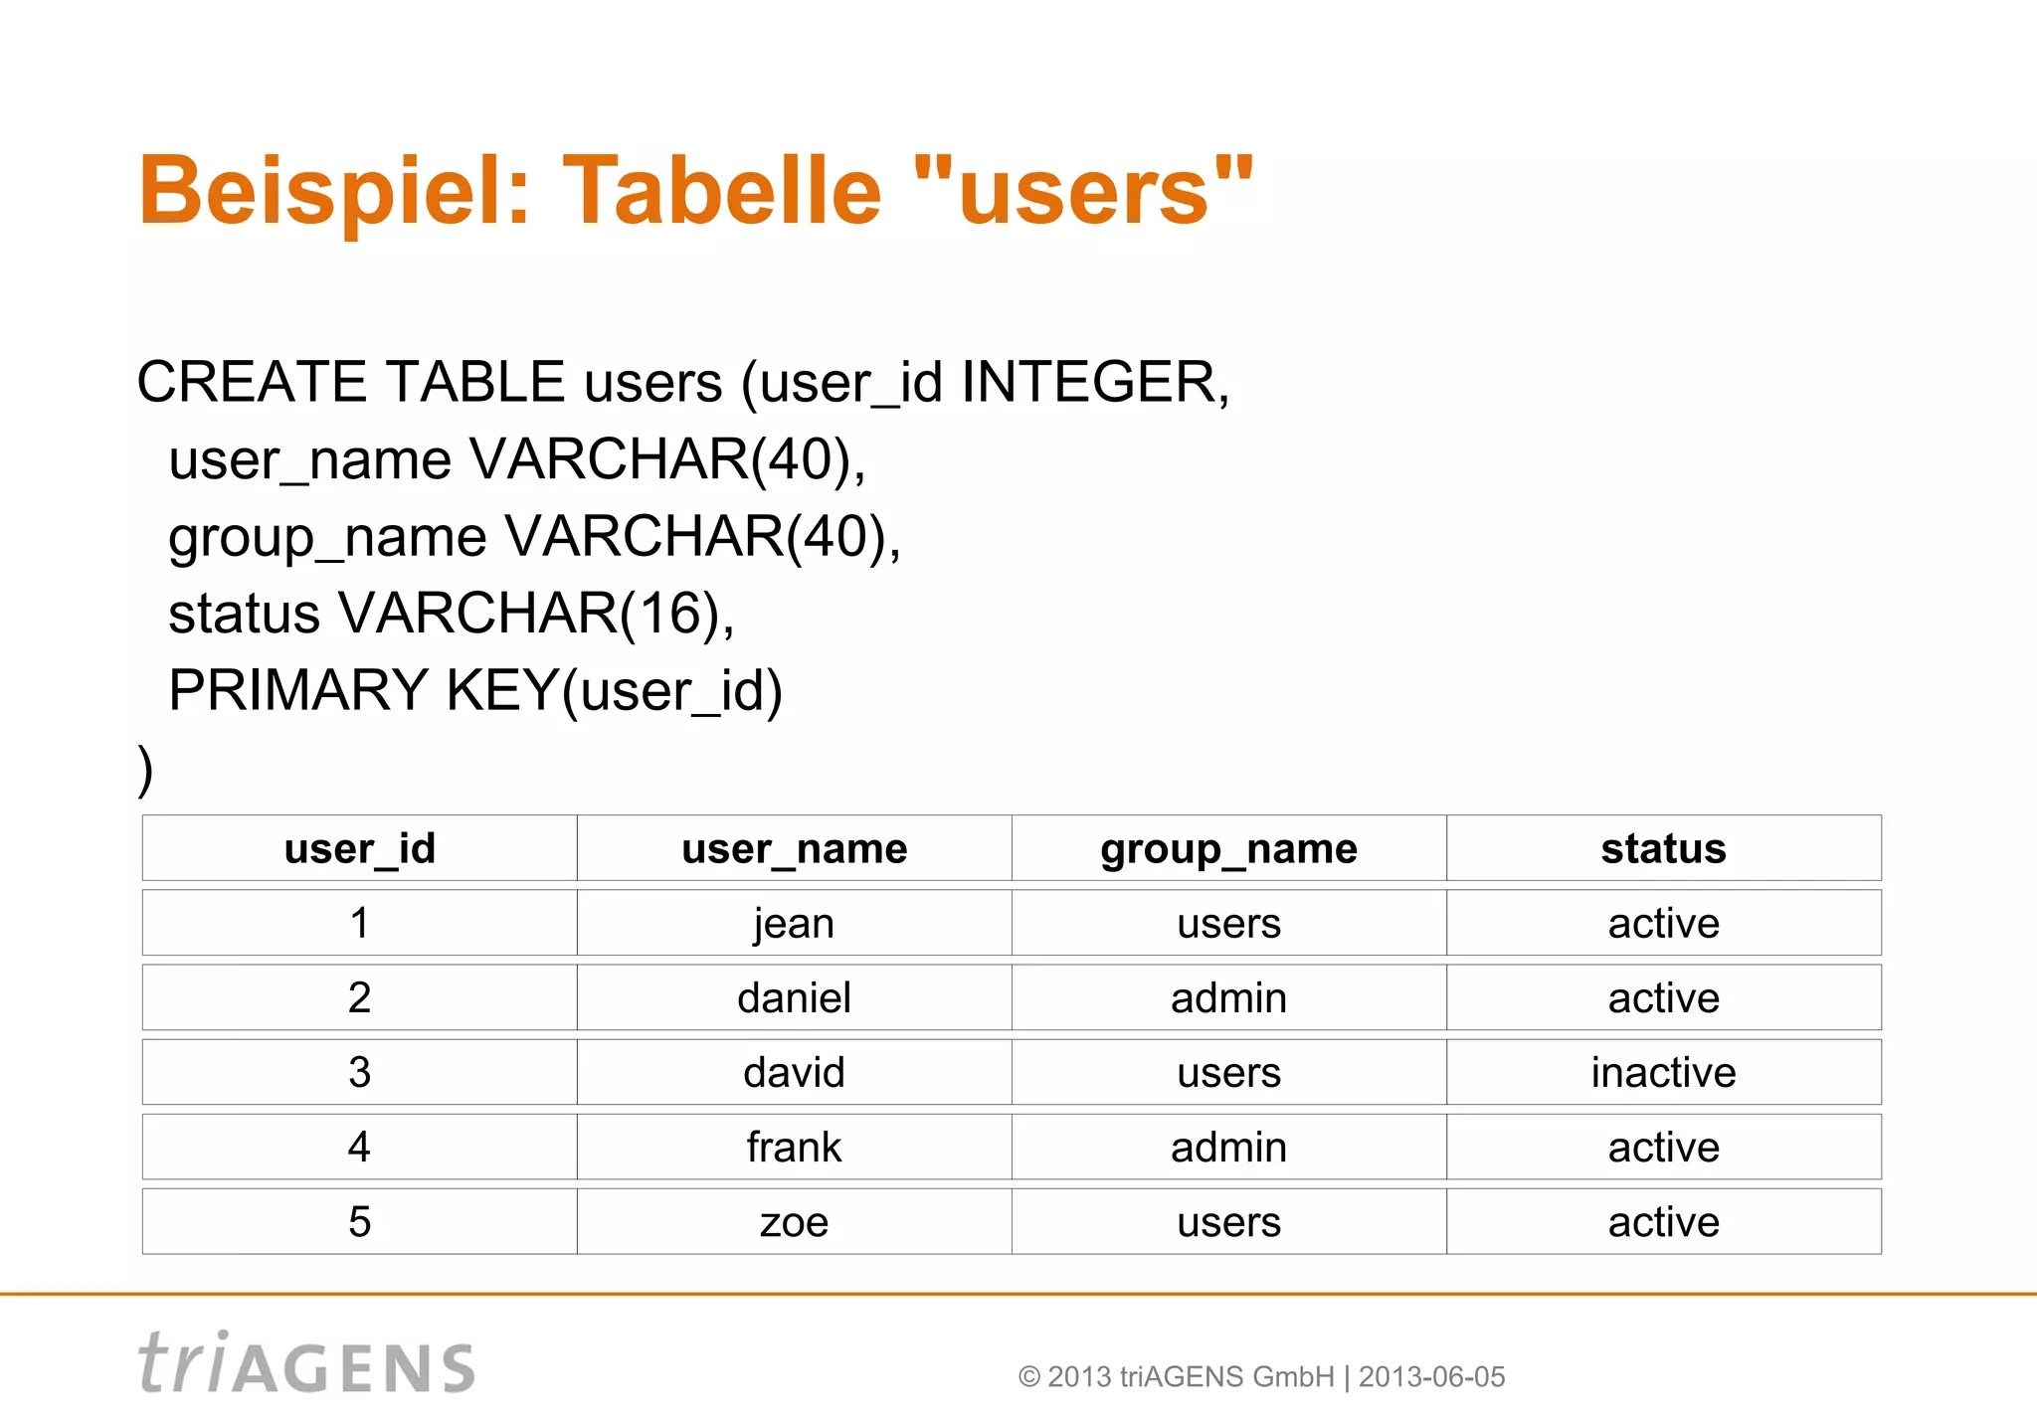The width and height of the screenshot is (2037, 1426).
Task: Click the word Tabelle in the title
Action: pyautogui.click(x=722, y=191)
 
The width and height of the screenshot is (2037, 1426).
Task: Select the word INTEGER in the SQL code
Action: pyautogui.click(x=1089, y=382)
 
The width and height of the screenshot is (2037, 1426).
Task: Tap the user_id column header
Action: pyautogui.click(x=359, y=848)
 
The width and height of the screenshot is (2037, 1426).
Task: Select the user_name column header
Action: pyautogui.click(x=794, y=848)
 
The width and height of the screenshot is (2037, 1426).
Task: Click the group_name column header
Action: pyautogui.click(x=1228, y=848)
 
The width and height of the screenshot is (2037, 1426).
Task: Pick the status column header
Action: pyautogui.click(x=1663, y=848)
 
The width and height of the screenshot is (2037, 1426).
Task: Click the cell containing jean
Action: pyautogui.click(x=794, y=923)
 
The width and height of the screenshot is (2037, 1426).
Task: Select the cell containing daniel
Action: pyautogui.click(x=794, y=997)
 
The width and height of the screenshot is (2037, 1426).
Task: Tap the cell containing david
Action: pyautogui.click(x=794, y=1072)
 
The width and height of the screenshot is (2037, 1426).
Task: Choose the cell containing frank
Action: pyautogui.click(x=794, y=1147)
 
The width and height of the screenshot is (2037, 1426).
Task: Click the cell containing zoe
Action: pyautogui.click(x=794, y=1221)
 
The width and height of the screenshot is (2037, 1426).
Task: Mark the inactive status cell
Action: pyautogui.click(x=1663, y=1072)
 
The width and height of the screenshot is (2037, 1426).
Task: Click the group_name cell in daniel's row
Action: pyautogui.click(x=1228, y=997)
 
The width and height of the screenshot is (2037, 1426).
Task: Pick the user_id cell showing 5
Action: pyautogui.click(x=359, y=1221)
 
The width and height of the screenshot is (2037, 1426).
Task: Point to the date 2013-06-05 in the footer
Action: pyautogui.click(x=1431, y=1377)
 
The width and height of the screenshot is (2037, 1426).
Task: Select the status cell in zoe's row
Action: pyautogui.click(x=1663, y=1221)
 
